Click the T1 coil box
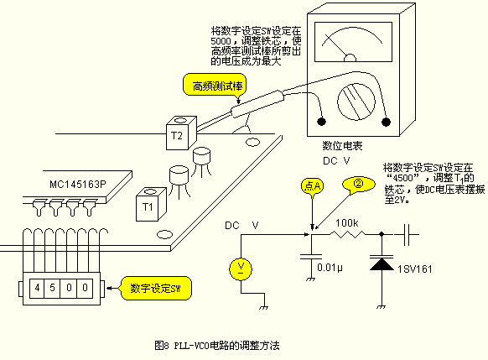coord(151,204)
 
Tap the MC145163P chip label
coord(78,184)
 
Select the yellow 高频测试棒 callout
coord(215,85)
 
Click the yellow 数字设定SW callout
coord(156,288)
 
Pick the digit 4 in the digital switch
coord(38,288)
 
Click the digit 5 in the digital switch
coord(52,288)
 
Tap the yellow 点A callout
coord(313,186)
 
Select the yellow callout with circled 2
coord(359,184)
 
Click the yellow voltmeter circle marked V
coord(241,269)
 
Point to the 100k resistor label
coord(346,223)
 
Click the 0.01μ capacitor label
coord(330,268)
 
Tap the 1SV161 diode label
coord(415,269)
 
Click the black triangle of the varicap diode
coord(382,264)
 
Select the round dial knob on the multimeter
coord(356,102)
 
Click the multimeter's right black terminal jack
coord(386,122)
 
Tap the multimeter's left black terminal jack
coord(321,121)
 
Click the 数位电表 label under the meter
coord(342,146)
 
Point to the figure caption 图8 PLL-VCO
coord(217,346)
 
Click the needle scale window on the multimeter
coord(353,42)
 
